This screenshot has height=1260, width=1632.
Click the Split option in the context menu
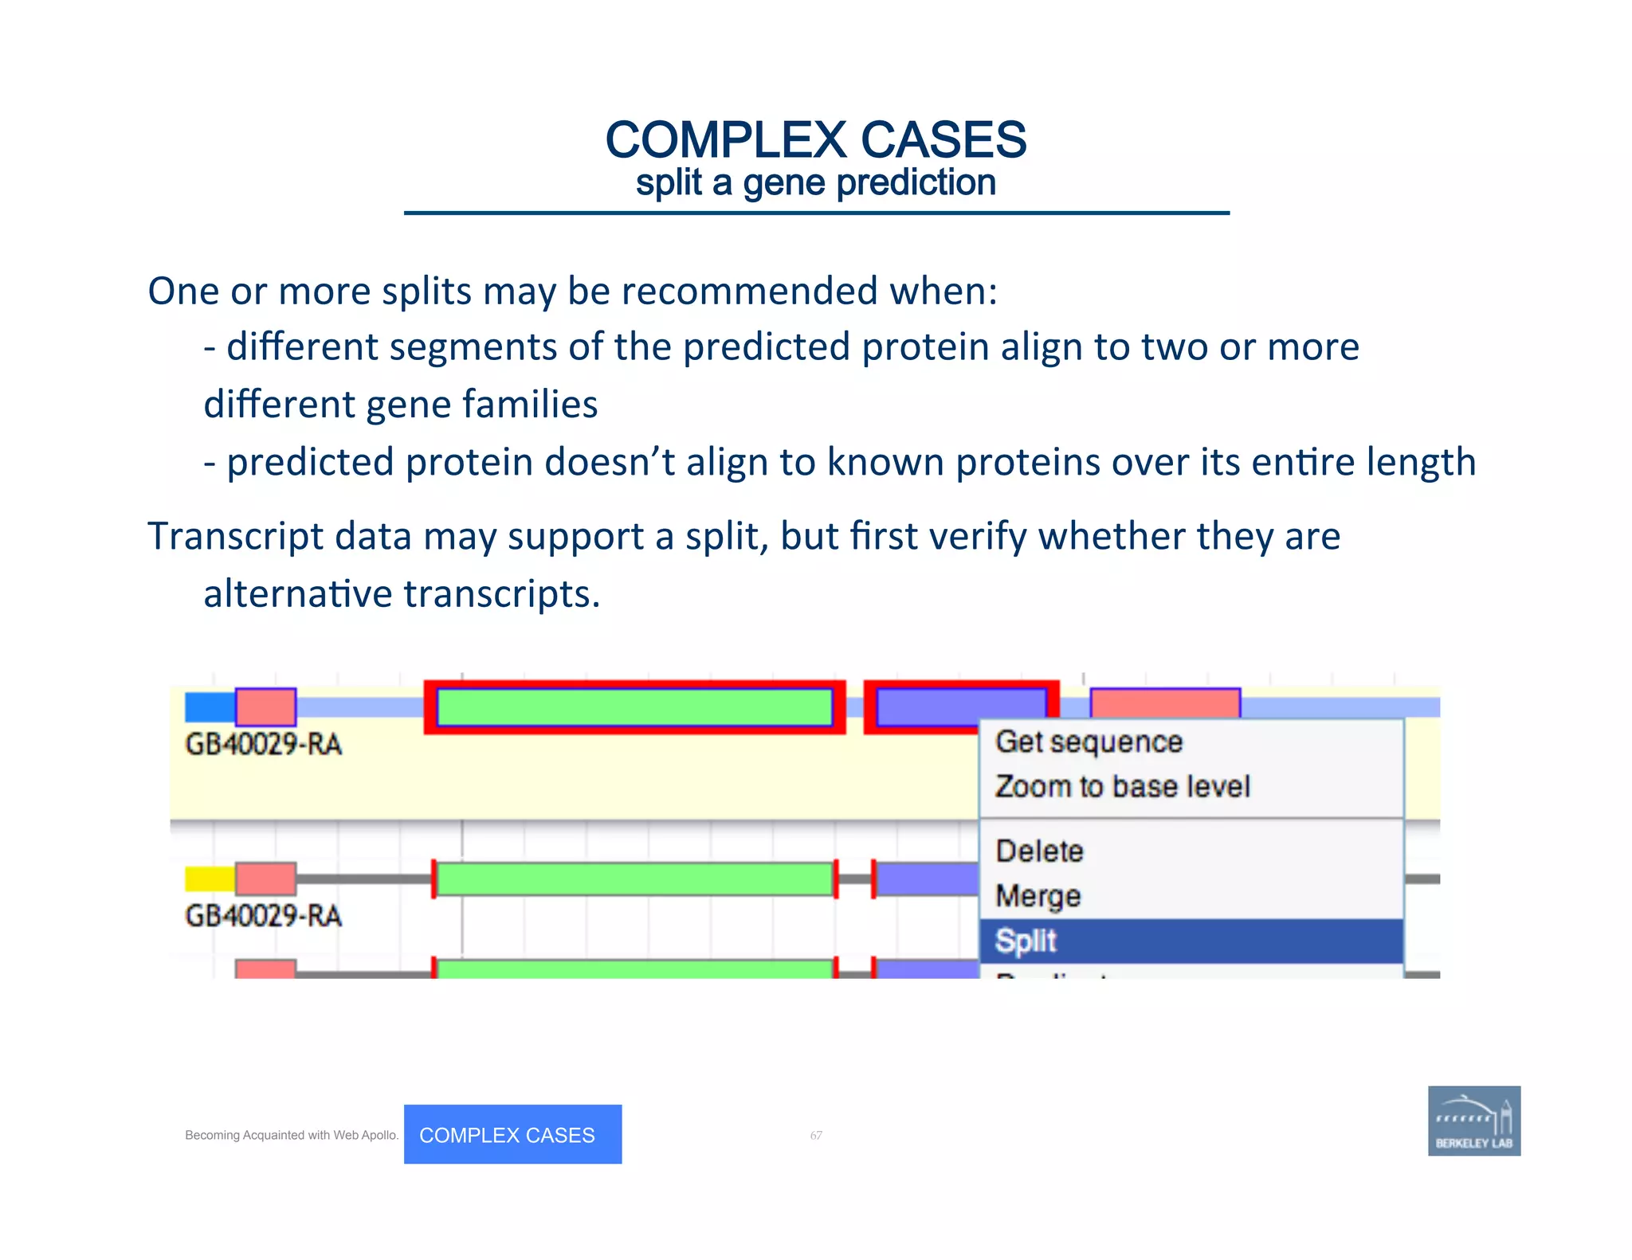click(x=1026, y=941)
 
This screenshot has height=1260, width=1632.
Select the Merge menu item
click(x=1038, y=896)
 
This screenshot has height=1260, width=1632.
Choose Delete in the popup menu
click(x=1039, y=851)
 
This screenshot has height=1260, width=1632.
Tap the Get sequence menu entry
click(x=1089, y=742)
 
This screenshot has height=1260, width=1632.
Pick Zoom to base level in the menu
click(x=1122, y=787)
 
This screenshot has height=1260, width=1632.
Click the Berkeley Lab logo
click(x=1473, y=1121)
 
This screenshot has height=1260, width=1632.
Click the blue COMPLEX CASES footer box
click(x=512, y=1134)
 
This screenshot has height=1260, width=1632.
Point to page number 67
click(x=816, y=1135)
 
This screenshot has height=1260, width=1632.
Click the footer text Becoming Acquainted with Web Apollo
click(x=292, y=1135)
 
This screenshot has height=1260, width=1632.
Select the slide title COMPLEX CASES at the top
click(x=815, y=140)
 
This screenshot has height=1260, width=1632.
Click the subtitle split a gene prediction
click(x=815, y=183)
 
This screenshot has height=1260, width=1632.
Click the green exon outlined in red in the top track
click(x=634, y=707)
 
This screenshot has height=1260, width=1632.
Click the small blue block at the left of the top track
click(x=210, y=707)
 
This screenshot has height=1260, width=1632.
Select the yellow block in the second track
click(x=210, y=878)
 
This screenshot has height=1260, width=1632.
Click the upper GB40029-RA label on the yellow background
click(x=263, y=745)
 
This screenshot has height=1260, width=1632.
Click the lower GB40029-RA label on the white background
click(x=263, y=916)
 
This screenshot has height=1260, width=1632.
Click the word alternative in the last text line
click(x=297, y=594)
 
